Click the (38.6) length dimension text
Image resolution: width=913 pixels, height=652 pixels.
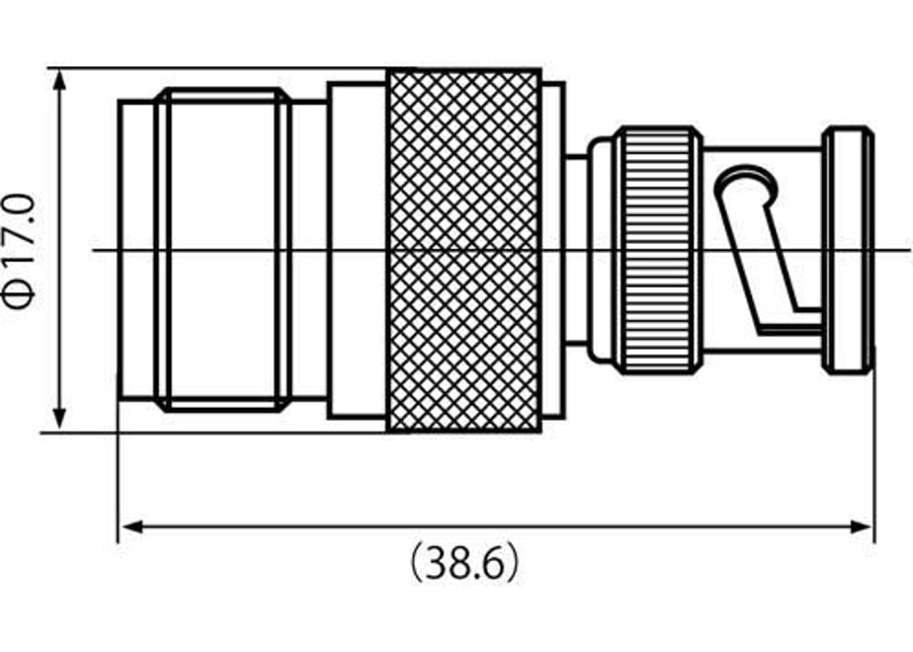464,562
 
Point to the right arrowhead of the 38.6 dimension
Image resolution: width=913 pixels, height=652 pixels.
861,528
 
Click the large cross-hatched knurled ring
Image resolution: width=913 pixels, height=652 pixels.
464,251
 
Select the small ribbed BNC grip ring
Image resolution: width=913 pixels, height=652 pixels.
660,250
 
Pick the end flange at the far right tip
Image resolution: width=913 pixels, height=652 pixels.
849,250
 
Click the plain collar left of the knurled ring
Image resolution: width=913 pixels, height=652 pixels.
357,250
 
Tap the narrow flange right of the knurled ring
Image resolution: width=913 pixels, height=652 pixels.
553,250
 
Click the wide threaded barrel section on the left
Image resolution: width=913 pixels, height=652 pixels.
223,250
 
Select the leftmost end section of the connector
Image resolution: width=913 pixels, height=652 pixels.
136,250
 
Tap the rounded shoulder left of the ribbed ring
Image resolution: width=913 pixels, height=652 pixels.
602,250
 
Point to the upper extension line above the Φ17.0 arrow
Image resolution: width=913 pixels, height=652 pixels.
216,68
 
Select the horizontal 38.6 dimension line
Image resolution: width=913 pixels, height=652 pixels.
496,528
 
